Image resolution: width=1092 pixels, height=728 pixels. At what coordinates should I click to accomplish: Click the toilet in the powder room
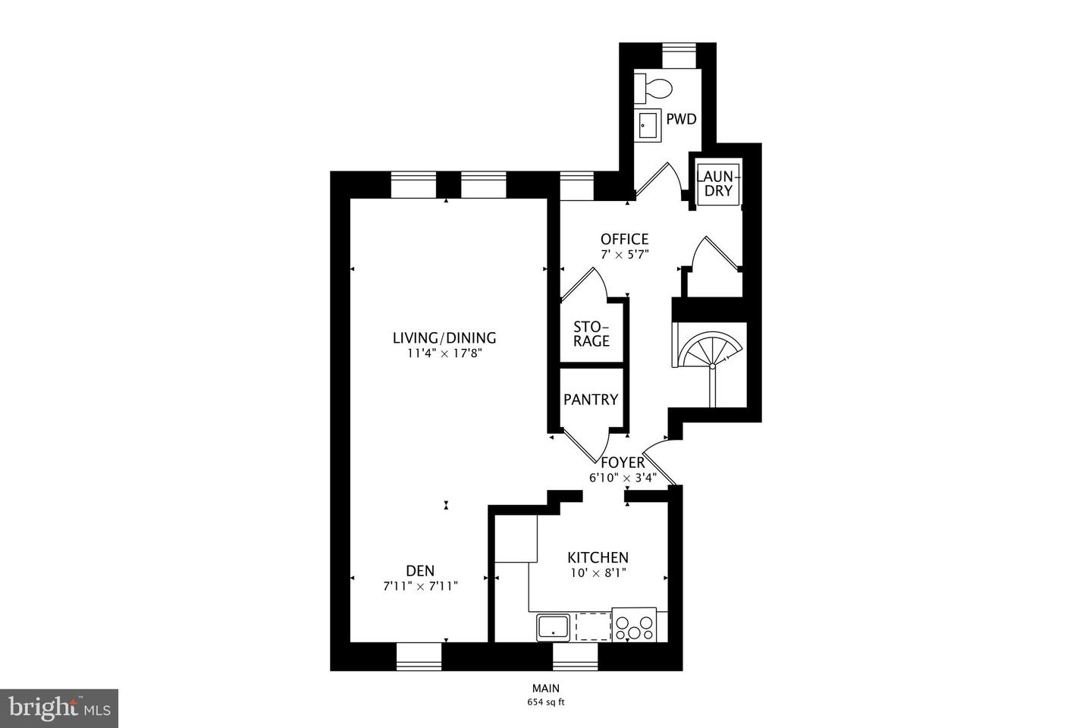click(654, 89)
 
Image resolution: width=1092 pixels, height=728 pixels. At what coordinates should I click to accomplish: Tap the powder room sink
click(648, 125)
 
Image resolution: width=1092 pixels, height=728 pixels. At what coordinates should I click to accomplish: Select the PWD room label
click(681, 119)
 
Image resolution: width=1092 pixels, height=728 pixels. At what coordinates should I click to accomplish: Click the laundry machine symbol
click(717, 183)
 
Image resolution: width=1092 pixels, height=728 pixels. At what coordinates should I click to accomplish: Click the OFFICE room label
click(624, 240)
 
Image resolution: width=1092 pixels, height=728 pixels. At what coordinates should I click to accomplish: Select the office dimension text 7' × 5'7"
click(625, 255)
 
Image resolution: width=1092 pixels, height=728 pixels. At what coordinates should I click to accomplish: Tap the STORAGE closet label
click(591, 334)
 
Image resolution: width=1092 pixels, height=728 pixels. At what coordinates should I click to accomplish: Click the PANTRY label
click(591, 400)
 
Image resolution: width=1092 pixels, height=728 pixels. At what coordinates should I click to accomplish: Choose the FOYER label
click(622, 463)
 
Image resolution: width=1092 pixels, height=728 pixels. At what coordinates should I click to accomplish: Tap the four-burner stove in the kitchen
click(635, 626)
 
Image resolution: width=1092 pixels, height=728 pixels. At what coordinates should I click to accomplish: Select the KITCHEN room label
click(598, 557)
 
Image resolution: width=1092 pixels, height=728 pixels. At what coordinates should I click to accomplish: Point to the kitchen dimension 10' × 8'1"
click(598, 573)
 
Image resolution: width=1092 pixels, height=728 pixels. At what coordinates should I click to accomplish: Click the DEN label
click(420, 570)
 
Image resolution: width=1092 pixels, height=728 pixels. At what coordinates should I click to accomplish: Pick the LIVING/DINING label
click(444, 338)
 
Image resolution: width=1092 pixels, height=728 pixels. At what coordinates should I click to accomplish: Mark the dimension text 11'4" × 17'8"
click(444, 353)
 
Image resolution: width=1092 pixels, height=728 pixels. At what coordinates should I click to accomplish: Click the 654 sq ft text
click(546, 702)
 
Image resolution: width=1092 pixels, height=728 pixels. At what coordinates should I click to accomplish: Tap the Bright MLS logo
click(58, 708)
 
